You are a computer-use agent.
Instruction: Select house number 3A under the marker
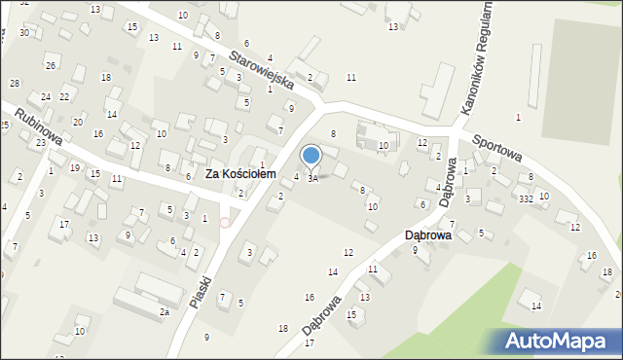(x=312, y=179)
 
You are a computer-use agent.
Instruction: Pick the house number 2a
(x=165, y=311)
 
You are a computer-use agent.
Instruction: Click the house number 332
(x=525, y=198)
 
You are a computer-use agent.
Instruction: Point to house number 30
(x=23, y=32)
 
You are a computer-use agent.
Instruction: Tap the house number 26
(x=50, y=65)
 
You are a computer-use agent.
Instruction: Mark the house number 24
(x=46, y=97)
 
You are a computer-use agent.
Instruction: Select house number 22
(x=64, y=96)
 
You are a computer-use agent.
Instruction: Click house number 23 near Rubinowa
(x=40, y=143)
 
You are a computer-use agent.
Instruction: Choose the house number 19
(x=75, y=167)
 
